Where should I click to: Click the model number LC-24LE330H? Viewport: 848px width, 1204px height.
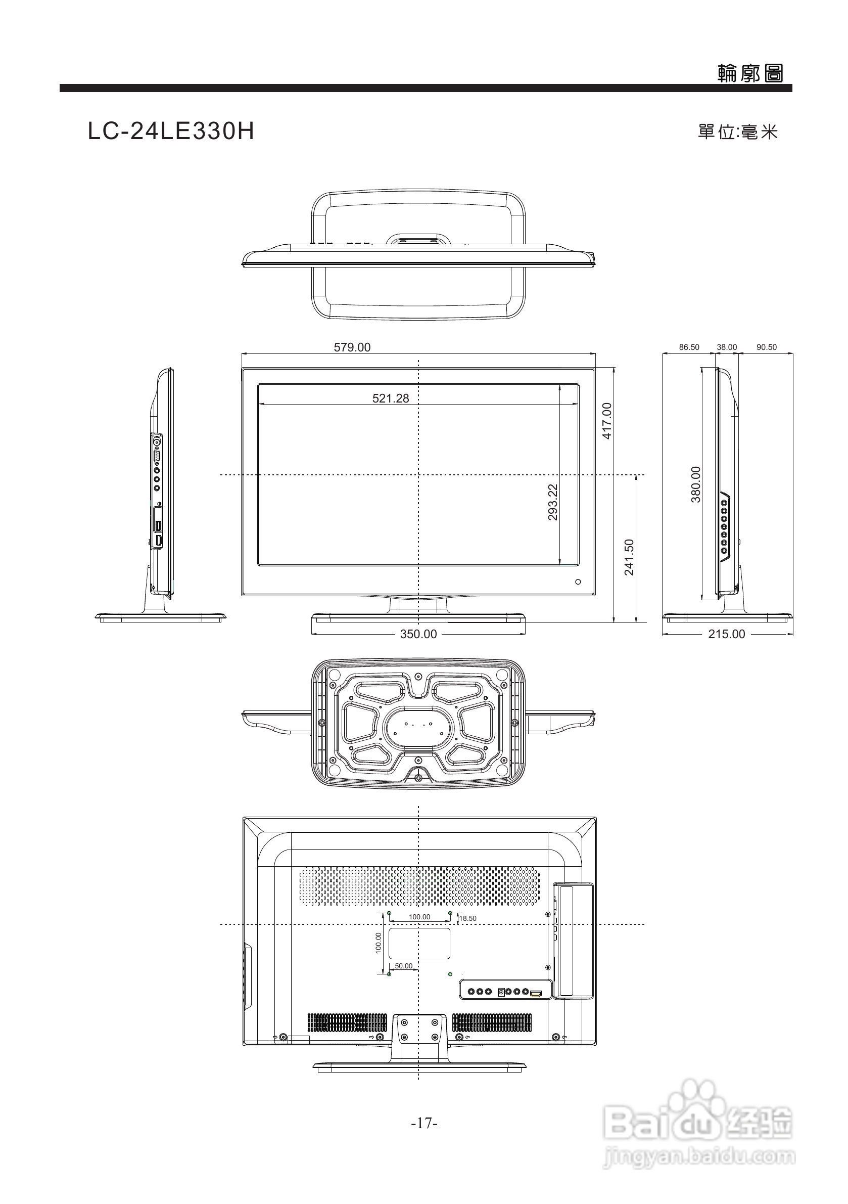pyautogui.click(x=171, y=131)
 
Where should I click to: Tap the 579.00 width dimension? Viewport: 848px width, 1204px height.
pyautogui.click(x=352, y=347)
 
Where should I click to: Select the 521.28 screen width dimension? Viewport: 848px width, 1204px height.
pyautogui.click(x=391, y=398)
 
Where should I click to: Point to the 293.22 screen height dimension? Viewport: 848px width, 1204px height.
pyautogui.click(x=552, y=502)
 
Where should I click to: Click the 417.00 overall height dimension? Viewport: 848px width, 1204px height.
pyautogui.click(x=607, y=421)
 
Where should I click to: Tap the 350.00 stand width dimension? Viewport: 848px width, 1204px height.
pyautogui.click(x=418, y=634)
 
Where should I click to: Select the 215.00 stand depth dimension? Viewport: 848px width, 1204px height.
pyautogui.click(x=726, y=634)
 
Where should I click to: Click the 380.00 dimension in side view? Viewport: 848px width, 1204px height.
pyautogui.click(x=695, y=484)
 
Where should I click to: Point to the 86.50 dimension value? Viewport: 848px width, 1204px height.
pyautogui.click(x=689, y=347)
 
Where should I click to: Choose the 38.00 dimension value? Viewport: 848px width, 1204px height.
pyautogui.click(x=727, y=347)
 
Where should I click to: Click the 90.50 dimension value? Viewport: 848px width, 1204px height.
pyautogui.click(x=767, y=347)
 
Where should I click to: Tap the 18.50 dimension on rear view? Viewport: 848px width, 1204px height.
pyautogui.click(x=468, y=918)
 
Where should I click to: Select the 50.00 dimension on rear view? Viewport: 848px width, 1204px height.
pyautogui.click(x=404, y=965)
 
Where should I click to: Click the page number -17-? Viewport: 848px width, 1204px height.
pyautogui.click(x=424, y=1123)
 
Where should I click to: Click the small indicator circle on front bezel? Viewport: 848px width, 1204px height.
pyautogui.click(x=578, y=582)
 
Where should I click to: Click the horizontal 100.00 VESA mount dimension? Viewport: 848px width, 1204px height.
pyautogui.click(x=419, y=917)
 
